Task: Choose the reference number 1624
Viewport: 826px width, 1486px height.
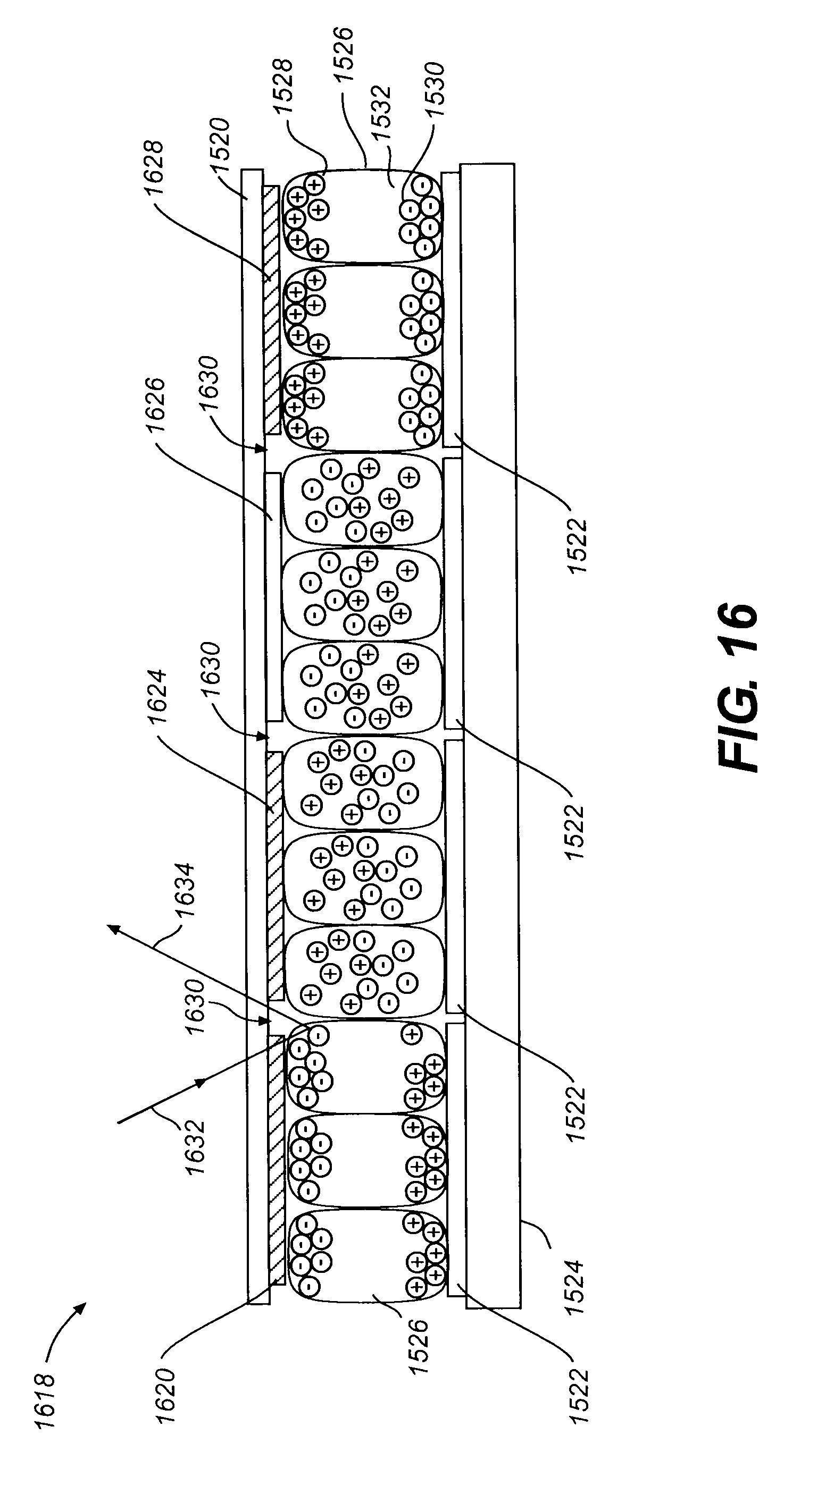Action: click(157, 696)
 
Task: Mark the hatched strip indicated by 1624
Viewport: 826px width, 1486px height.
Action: click(275, 877)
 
